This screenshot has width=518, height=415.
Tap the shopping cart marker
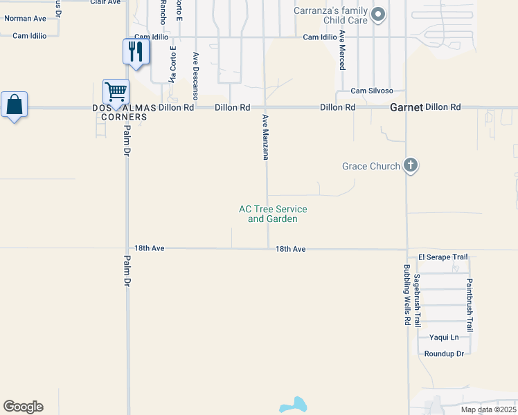click(x=116, y=92)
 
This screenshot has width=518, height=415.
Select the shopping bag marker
click(x=14, y=106)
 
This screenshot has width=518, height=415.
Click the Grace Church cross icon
click(x=411, y=165)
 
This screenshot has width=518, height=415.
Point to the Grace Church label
click(x=371, y=166)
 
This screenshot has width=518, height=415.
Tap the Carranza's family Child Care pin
click(x=378, y=15)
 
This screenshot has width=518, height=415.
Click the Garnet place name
click(x=405, y=107)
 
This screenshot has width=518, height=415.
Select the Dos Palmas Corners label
click(x=120, y=112)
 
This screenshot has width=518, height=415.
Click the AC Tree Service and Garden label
click(x=273, y=214)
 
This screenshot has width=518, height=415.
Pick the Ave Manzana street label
click(x=265, y=137)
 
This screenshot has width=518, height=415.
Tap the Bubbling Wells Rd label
click(x=407, y=294)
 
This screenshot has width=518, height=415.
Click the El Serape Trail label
click(x=438, y=257)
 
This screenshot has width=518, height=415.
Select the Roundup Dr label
click(x=443, y=353)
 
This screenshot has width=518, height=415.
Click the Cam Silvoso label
click(x=372, y=91)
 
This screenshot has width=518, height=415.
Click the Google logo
click(x=23, y=407)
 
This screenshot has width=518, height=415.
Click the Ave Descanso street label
click(x=196, y=76)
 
